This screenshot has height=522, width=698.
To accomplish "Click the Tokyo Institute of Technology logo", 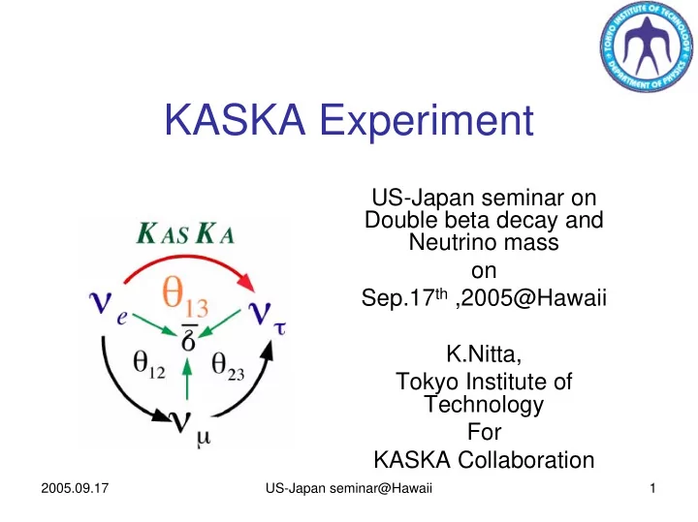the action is [x=647, y=46].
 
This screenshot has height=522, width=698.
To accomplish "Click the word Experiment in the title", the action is [x=427, y=121].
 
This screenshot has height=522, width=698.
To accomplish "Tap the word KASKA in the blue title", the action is [x=235, y=119].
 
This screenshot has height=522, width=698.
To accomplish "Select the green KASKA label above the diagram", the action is [x=185, y=233].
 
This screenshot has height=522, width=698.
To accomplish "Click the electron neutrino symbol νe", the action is [x=109, y=306].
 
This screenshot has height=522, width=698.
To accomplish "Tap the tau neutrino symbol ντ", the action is [x=267, y=317].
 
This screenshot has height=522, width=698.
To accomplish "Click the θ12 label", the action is [x=149, y=364].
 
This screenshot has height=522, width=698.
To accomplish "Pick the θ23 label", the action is [x=228, y=366].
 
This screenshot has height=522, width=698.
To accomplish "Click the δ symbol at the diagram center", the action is [x=189, y=339].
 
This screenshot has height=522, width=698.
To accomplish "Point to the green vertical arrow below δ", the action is [x=187, y=379].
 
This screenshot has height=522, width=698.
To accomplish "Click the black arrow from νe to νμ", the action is [x=119, y=391].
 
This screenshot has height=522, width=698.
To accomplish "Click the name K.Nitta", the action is [x=484, y=353].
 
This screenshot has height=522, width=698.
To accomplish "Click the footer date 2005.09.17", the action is [x=75, y=488].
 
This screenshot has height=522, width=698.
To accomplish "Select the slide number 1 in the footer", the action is [x=652, y=488].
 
